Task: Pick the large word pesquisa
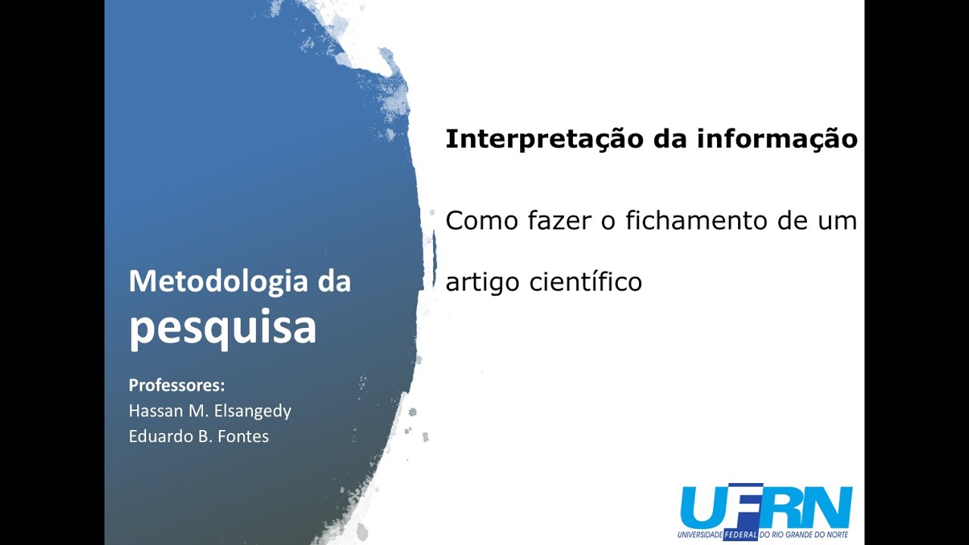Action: (223, 327)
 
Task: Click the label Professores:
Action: (177, 385)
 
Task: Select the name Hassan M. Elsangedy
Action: (210, 411)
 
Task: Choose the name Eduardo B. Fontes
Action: (198, 437)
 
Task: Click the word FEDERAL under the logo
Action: (740, 534)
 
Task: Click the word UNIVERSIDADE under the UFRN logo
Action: (700, 534)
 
